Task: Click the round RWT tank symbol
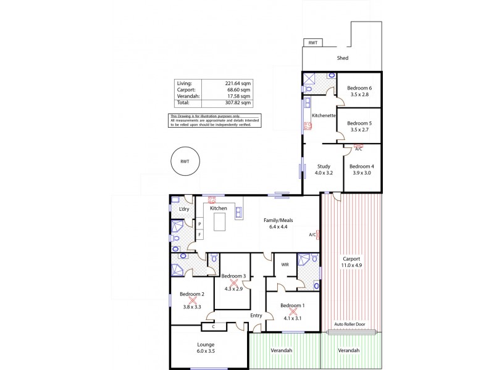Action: click(x=184, y=161)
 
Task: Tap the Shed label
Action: click(x=342, y=59)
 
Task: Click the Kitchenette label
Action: click(x=324, y=115)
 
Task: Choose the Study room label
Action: click(x=324, y=166)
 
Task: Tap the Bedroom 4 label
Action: click(x=362, y=166)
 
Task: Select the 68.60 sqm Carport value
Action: click(x=239, y=90)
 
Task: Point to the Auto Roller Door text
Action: click(x=351, y=324)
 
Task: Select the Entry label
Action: click(x=256, y=316)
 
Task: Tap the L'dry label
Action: click(x=183, y=209)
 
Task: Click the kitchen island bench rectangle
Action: click(x=220, y=221)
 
